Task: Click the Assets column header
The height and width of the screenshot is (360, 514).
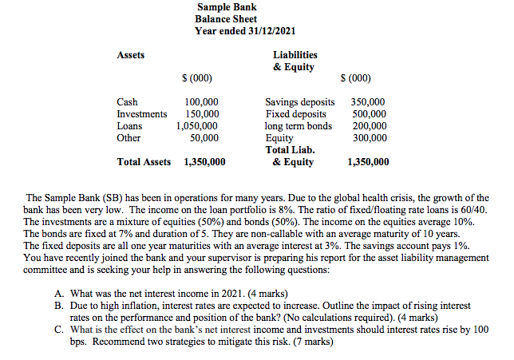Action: pyautogui.click(x=131, y=55)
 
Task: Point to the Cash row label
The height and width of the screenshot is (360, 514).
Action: pyautogui.click(x=127, y=103)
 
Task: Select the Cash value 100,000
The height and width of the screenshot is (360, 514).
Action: pyautogui.click(x=201, y=103)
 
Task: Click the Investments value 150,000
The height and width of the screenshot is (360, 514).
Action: pyautogui.click(x=201, y=115)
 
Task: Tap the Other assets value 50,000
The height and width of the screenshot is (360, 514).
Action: pyautogui.click(x=204, y=137)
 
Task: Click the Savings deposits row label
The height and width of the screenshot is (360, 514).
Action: pyautogui.click(x=299, y=103)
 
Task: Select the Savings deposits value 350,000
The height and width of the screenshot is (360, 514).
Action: pyautogui.click(x=369, y=103)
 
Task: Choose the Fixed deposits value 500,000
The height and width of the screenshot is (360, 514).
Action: pyautogui.click(x=369, y=115)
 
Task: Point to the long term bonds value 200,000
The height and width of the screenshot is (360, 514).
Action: pyautogui.click(x=369, y=126)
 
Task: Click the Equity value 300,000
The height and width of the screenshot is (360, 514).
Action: pyautogui.click(x=369, y=137)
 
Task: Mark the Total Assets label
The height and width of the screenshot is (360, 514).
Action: pyautogui.click(x=144, y=161)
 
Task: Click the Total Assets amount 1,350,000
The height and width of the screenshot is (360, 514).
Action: pyautogui.click(x=204, y=161)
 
